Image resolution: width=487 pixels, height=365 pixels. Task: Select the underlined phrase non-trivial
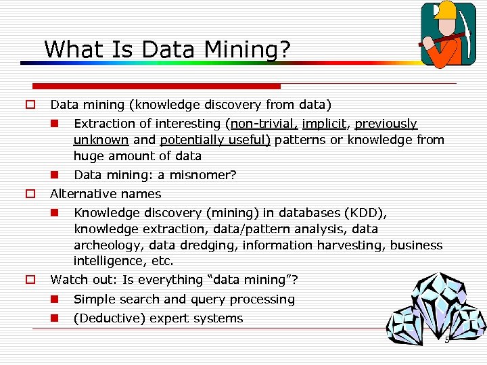click(x=262, y=124)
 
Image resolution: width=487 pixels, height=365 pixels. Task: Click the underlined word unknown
click(x=101, y=140)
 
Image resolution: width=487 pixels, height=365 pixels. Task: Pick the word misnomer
click(x=202, y=175)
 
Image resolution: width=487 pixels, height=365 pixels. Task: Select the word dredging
click(x=210, y=245)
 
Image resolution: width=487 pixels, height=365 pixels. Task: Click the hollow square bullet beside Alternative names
click(x=30, y=194)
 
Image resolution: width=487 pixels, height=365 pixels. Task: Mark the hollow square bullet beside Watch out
click(x=30, y=280)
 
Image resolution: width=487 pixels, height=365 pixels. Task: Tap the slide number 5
click(x=446, y=339)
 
